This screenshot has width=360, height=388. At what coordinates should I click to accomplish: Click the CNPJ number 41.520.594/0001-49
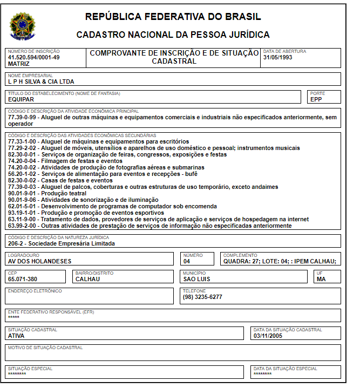coord(33,57)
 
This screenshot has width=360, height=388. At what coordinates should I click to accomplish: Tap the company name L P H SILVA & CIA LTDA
coord(41,82)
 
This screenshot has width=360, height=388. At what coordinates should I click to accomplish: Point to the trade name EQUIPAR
coord(21,100)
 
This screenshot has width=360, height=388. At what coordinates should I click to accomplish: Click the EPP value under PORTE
coord(316,100)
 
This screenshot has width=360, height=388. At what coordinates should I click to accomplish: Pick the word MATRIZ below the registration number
coord(19,63)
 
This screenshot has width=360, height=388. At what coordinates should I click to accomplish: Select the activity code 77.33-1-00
coord(23,141)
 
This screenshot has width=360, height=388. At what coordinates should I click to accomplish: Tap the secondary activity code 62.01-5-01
coord(23,206)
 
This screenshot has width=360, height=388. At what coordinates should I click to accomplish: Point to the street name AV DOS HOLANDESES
coord(39,261)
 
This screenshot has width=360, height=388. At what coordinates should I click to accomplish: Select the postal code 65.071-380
coord(23,279)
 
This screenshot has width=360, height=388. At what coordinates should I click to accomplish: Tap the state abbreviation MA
coord(321,279)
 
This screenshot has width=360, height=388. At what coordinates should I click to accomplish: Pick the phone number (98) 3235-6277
coord(202,297)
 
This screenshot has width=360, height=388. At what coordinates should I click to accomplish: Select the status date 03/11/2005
coord(268,336)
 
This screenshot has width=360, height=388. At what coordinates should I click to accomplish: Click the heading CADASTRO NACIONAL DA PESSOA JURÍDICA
coord(173,35)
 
